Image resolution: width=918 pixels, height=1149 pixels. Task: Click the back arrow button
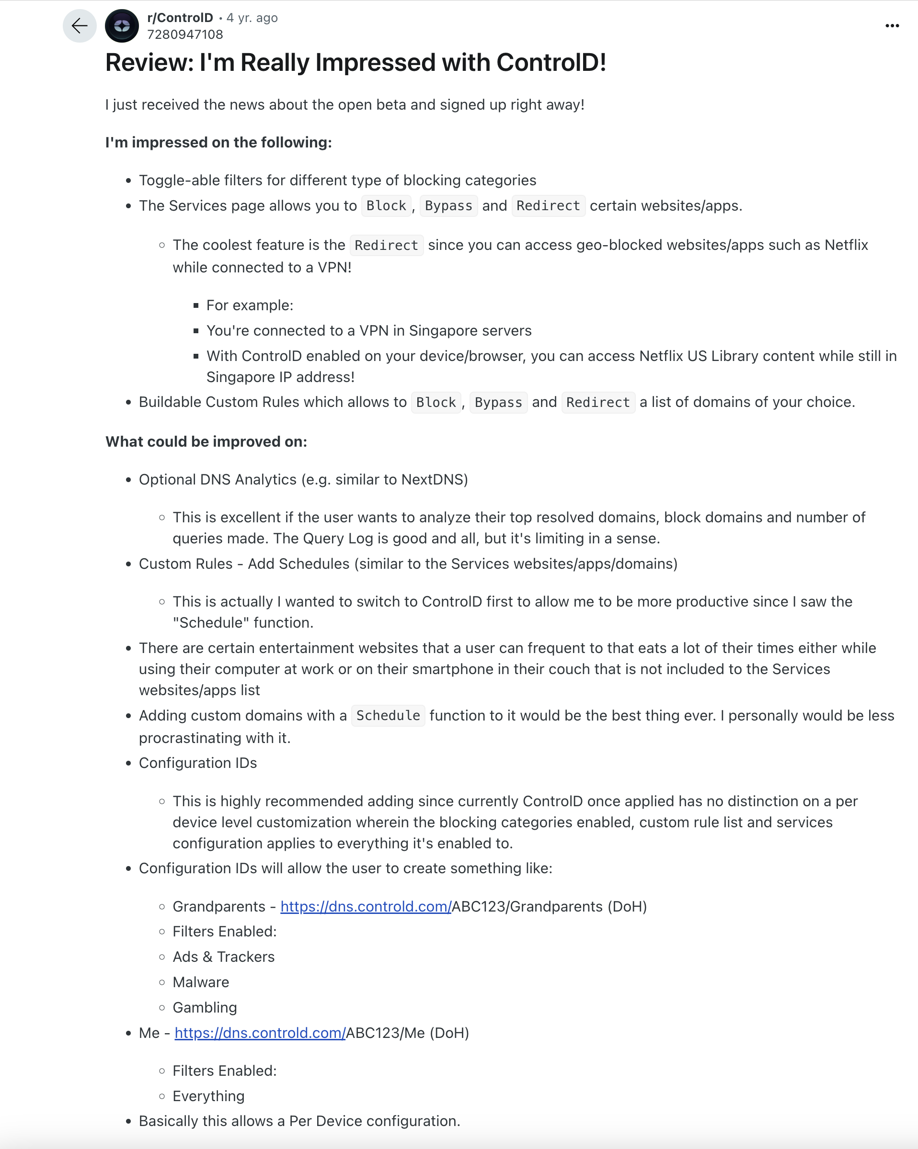[x=80, y=25]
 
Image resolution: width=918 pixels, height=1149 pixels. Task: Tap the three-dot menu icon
[x=892, y=25]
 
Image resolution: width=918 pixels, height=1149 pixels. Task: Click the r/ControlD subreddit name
[x=180, y=18]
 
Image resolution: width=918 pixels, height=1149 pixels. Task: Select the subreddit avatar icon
[x=122, y=25]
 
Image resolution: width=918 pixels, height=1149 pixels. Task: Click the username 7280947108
[x=184, y=34]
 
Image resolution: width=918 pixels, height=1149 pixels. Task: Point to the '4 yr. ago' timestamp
[x=252, y=18]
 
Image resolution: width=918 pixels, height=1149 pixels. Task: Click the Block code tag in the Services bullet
[x=386, y=206]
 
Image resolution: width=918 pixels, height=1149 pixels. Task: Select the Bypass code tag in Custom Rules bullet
[x=498, y=402]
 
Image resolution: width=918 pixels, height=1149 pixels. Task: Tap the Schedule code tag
[x=388, y=716]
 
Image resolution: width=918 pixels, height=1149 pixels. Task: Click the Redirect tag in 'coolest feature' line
[x=386, y=245]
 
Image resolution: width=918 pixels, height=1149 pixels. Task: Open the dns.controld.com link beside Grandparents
[x=366, y=907]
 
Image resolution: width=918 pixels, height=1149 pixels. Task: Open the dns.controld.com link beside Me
[x=260, y=1033]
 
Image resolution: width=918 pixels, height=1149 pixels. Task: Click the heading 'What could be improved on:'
[x=206, y=442]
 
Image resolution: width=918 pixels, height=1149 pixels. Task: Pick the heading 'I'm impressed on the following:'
[x=218, y=142]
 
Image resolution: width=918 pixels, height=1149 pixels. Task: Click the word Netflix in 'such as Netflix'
[x=846, y=245]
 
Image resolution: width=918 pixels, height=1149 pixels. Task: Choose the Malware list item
[x=201, y=982]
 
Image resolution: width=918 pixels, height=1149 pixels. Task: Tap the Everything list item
[x=208, y=1096]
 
